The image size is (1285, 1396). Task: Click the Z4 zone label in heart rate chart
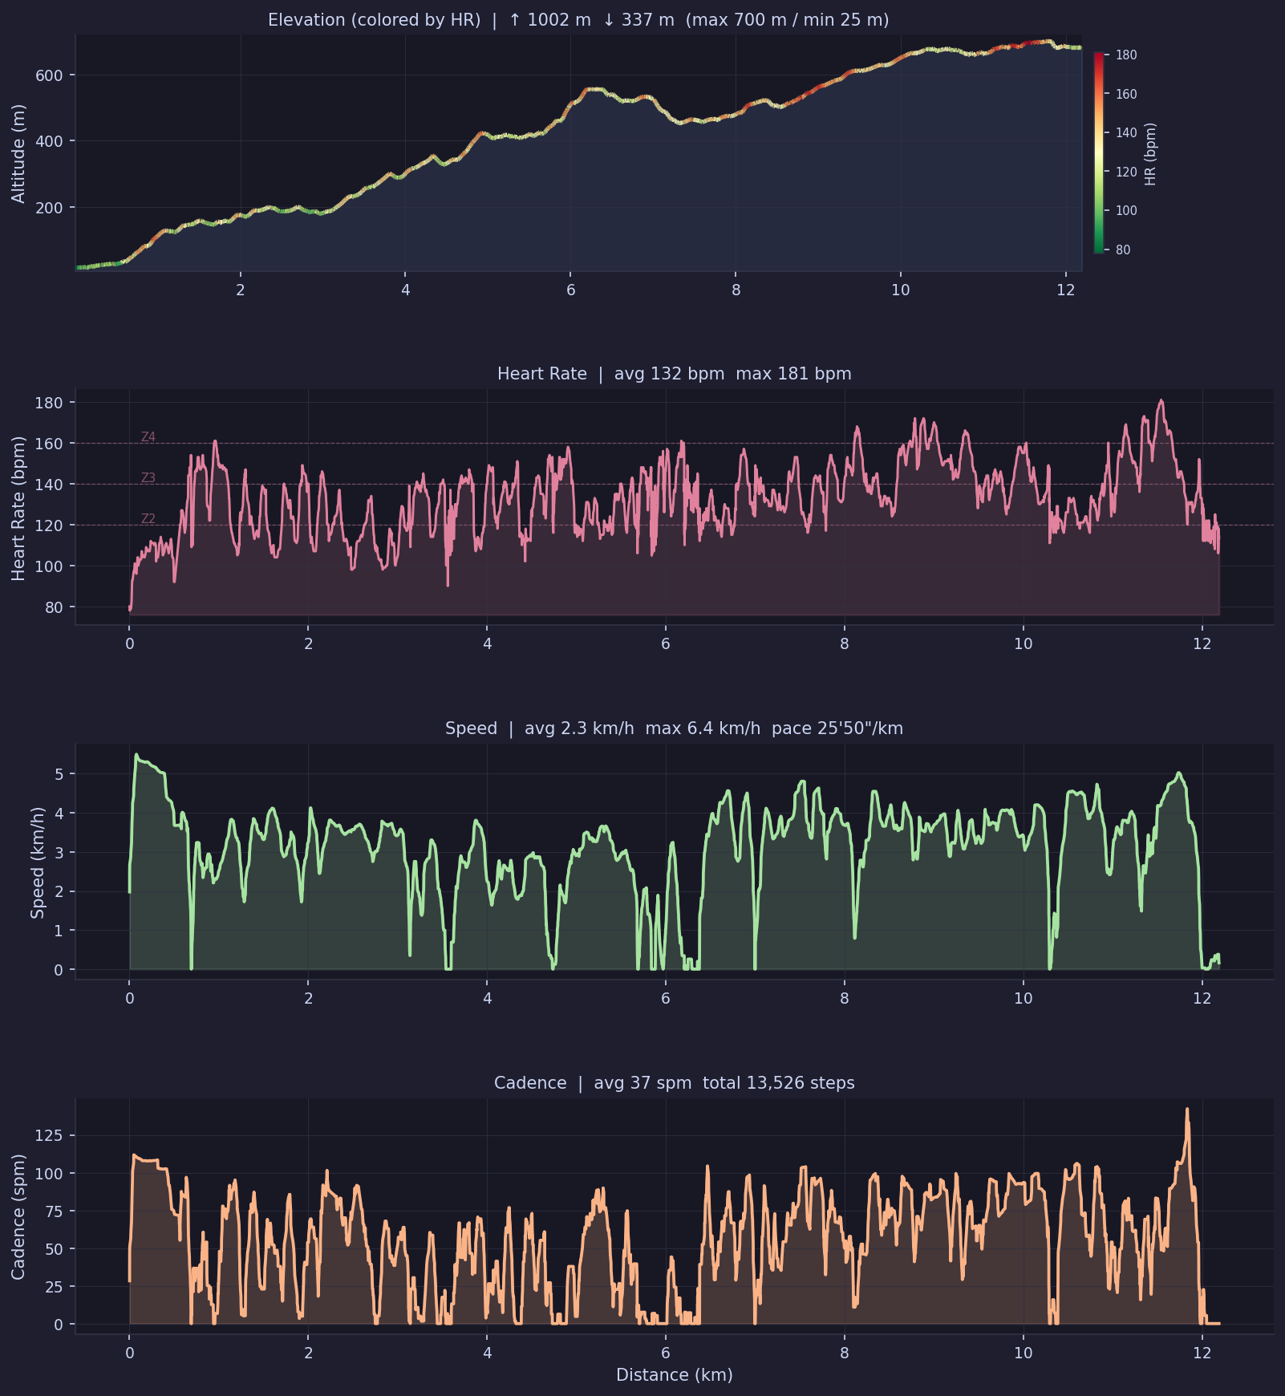[148, 437]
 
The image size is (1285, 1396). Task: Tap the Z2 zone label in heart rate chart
[148, 519]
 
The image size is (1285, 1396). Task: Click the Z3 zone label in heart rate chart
[148, 478]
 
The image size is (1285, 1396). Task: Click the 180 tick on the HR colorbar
[1126, 55]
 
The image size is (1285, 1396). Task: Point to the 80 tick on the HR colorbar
[1123, 250]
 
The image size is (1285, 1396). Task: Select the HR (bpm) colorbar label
[1151, 154]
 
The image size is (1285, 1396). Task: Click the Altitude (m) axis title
[18, 153]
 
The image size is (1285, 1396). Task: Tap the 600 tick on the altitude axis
[50, 75]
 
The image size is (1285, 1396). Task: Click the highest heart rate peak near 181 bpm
[1161, 400]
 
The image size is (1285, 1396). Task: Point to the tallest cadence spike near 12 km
[1187, 1110]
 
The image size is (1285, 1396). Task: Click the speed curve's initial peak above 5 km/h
[136, 755]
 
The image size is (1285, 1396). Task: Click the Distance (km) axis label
[674, 1375]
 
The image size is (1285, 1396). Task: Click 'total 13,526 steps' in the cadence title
[778, 1083]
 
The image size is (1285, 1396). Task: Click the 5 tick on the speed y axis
[59, 774]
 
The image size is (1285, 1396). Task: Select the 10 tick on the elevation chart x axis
[900, 290]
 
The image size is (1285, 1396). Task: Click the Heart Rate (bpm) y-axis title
[18, 508]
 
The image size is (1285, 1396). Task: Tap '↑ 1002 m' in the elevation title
[549, 20]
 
